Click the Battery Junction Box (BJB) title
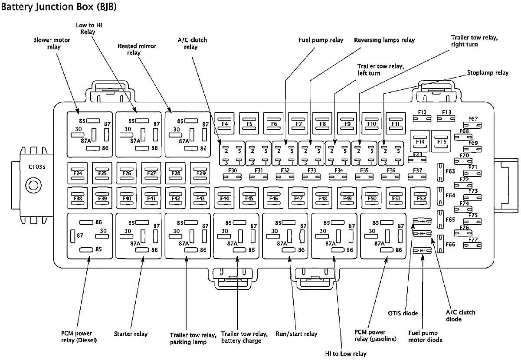[x=59, y=7]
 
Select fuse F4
[x=224, y=124]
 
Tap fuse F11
[x=396, y=124]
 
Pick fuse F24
[x=78, y=173]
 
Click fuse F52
[x=420, y=198]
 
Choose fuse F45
[x=249, y=198]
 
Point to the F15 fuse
[x=441, y=141]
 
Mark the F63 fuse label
[x=450, y=171]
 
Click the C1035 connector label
[x=37, y=167]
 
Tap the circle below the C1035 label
[x=33, y=186]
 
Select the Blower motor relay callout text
[x=52, y=43]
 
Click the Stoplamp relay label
[x=488, y=73]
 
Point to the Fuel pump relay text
[x=321, y=40]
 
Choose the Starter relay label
[x=131, y=334]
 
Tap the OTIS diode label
[x=403, y=313]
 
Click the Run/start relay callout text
[x=296, y=334]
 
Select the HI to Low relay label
[x=346, y=354]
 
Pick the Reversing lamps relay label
[x=384, y=40]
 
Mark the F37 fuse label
[x=417, y=170]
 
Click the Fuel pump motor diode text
[x=425, y=336]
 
